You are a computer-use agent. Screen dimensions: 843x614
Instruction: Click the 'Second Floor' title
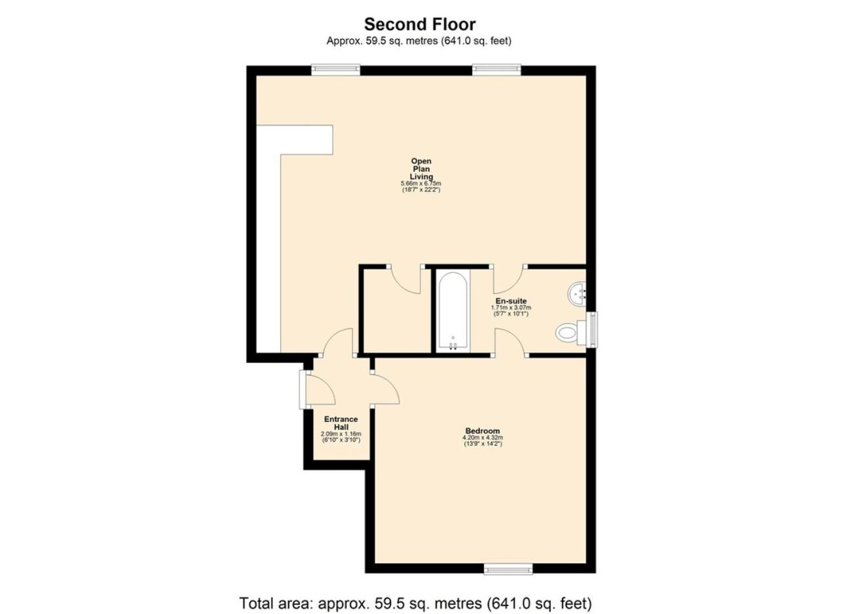(420, 24)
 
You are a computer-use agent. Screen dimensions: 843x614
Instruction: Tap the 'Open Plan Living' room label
(421, 169)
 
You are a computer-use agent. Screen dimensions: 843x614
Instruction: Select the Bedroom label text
(483, 431)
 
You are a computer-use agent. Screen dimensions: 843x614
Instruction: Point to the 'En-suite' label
(511, 301)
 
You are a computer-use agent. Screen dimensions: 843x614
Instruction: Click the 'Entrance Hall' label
(341, 423)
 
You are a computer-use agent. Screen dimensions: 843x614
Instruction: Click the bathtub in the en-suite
(453, 311)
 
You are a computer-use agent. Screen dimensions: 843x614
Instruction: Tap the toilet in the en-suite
(570, 333)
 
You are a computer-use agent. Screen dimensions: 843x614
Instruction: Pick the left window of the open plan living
(335, 70)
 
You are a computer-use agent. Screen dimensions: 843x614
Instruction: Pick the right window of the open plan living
(497, 70)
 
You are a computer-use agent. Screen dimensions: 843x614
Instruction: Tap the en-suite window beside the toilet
(593, 329)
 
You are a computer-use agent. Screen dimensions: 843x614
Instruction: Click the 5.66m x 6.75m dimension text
(421, 183)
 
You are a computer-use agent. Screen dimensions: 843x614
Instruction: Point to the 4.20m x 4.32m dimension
(483, 438)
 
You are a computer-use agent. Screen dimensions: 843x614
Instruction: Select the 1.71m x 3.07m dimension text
(511, 308)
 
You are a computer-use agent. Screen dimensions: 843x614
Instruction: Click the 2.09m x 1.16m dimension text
(341, 434)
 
